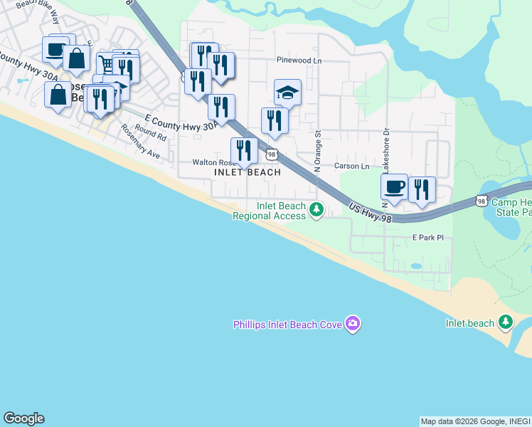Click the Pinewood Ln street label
[x=299, y=61]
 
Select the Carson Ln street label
[x=352, y=166]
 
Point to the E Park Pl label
[x=427, y=238]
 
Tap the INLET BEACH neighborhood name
[x=248, y=173]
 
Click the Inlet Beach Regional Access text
[x=270, y=211]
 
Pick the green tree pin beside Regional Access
[x=316, y=209]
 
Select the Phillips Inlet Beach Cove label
[x=287, y=325]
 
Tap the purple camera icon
[x=353, y=325]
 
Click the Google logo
[x=23, y=418]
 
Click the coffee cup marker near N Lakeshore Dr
[x=394, y=187]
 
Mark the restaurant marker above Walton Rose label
[x=243, y=151]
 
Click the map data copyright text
[x=475, y=421]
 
